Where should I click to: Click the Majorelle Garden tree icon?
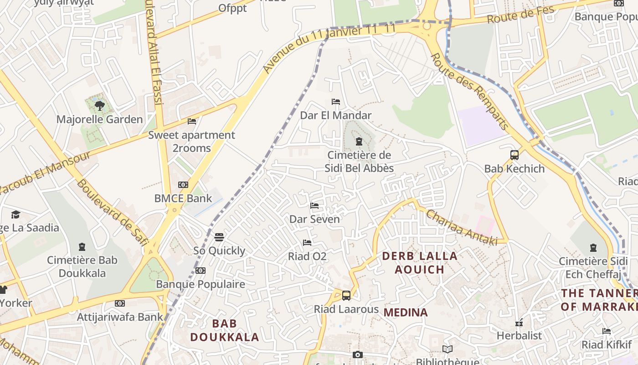click(x=99, y=106)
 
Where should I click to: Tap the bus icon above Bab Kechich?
click(x=515, y=155)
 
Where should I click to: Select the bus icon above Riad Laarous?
click(x=346, y=296)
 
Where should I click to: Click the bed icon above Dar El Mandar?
click(x=336, y=102)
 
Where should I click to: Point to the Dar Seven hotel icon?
click(x=314, y=206)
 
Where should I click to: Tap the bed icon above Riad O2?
click(x=307, y=243)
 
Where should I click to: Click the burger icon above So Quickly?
click(x=219, y=237)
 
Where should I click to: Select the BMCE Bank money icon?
click(x=183, y=185)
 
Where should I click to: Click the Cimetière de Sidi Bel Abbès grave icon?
click(x=359, y=141)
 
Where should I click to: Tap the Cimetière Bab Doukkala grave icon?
click(x=82, y=247)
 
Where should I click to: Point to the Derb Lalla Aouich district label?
click(x=419, y=262)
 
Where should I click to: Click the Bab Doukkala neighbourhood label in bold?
click(x=225, y=330)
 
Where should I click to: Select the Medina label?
click(x=406, y=313)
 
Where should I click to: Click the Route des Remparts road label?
click(x=469, y=91)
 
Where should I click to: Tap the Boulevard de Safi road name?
click(x=112, y=212)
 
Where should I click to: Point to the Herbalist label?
click(x=519, y=335)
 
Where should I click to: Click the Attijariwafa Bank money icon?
click(x=120, y=303)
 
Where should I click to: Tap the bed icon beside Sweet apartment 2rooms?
click(x=192, y=121)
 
